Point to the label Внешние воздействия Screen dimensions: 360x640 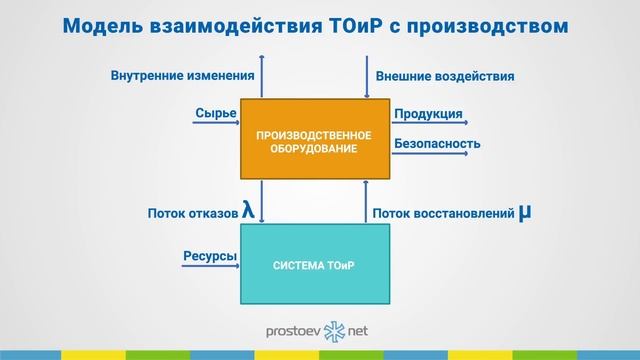[445, 75]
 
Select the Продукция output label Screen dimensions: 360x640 [428, 114]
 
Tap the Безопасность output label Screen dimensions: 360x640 [437, 143]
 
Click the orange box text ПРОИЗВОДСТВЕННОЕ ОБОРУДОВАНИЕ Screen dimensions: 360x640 [314, 141]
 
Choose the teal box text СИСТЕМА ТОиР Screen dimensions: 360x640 [314, 266]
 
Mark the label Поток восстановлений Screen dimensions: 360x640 [443, 213]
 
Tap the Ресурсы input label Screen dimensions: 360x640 [209, 256]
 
